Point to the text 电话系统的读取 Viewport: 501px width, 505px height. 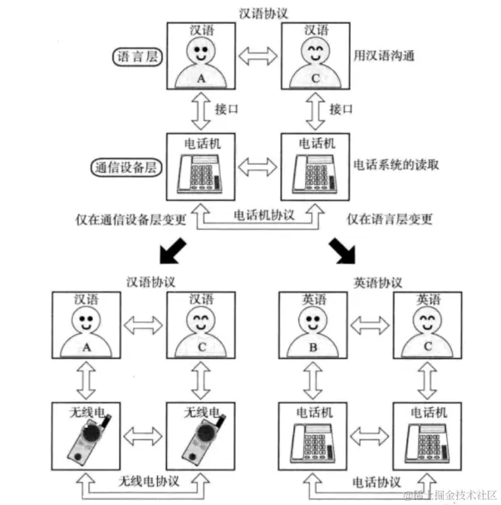click(396, 164)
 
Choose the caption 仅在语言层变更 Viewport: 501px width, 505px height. click(390, 219)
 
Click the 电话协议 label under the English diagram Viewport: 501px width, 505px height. click(376, 482)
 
